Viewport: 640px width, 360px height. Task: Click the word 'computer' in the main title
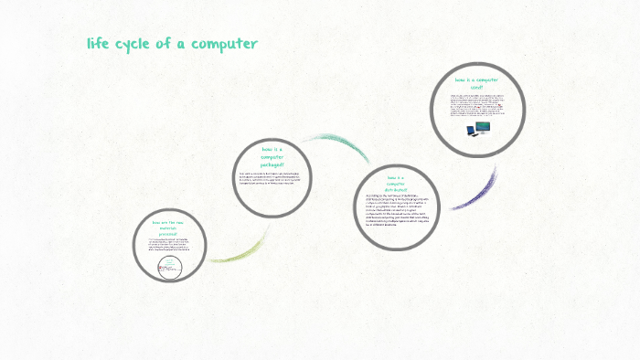[x=225, y=43]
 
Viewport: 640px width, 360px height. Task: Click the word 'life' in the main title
[x=99, y=43]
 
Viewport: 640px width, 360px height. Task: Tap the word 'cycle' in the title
[x=139, y=43]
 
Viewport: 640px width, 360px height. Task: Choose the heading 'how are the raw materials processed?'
[x=166, y=228]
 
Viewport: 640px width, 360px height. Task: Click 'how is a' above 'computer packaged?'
[x=272, y=149]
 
